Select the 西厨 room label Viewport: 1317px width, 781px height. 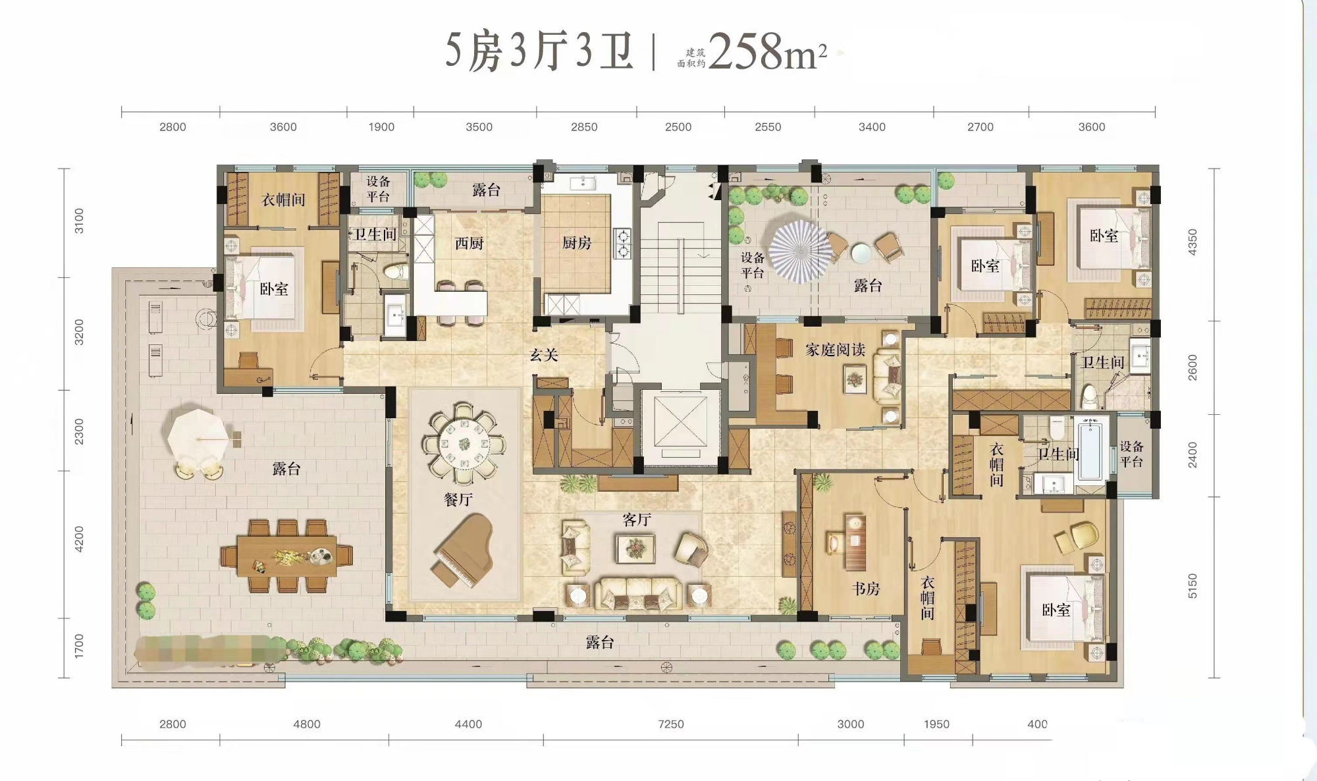[469, 244]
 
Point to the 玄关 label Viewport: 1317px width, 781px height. [544, 356]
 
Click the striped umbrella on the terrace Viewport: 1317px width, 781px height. [800, 251]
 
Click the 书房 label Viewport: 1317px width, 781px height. [865, 589]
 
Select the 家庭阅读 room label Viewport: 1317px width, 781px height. [835, 350]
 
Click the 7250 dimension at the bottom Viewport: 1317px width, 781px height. [670, 724]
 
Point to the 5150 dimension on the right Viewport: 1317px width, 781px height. [1192, 586]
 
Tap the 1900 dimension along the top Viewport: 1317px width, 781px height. [381, 127]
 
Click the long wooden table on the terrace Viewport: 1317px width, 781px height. [287, 556]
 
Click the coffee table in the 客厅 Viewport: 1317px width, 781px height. [635, 549]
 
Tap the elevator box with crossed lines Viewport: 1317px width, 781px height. [680, 421]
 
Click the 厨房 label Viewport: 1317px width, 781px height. [576, 243]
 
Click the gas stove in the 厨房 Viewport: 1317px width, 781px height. [622, 243]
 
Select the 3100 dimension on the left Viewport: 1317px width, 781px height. [79, 221]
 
